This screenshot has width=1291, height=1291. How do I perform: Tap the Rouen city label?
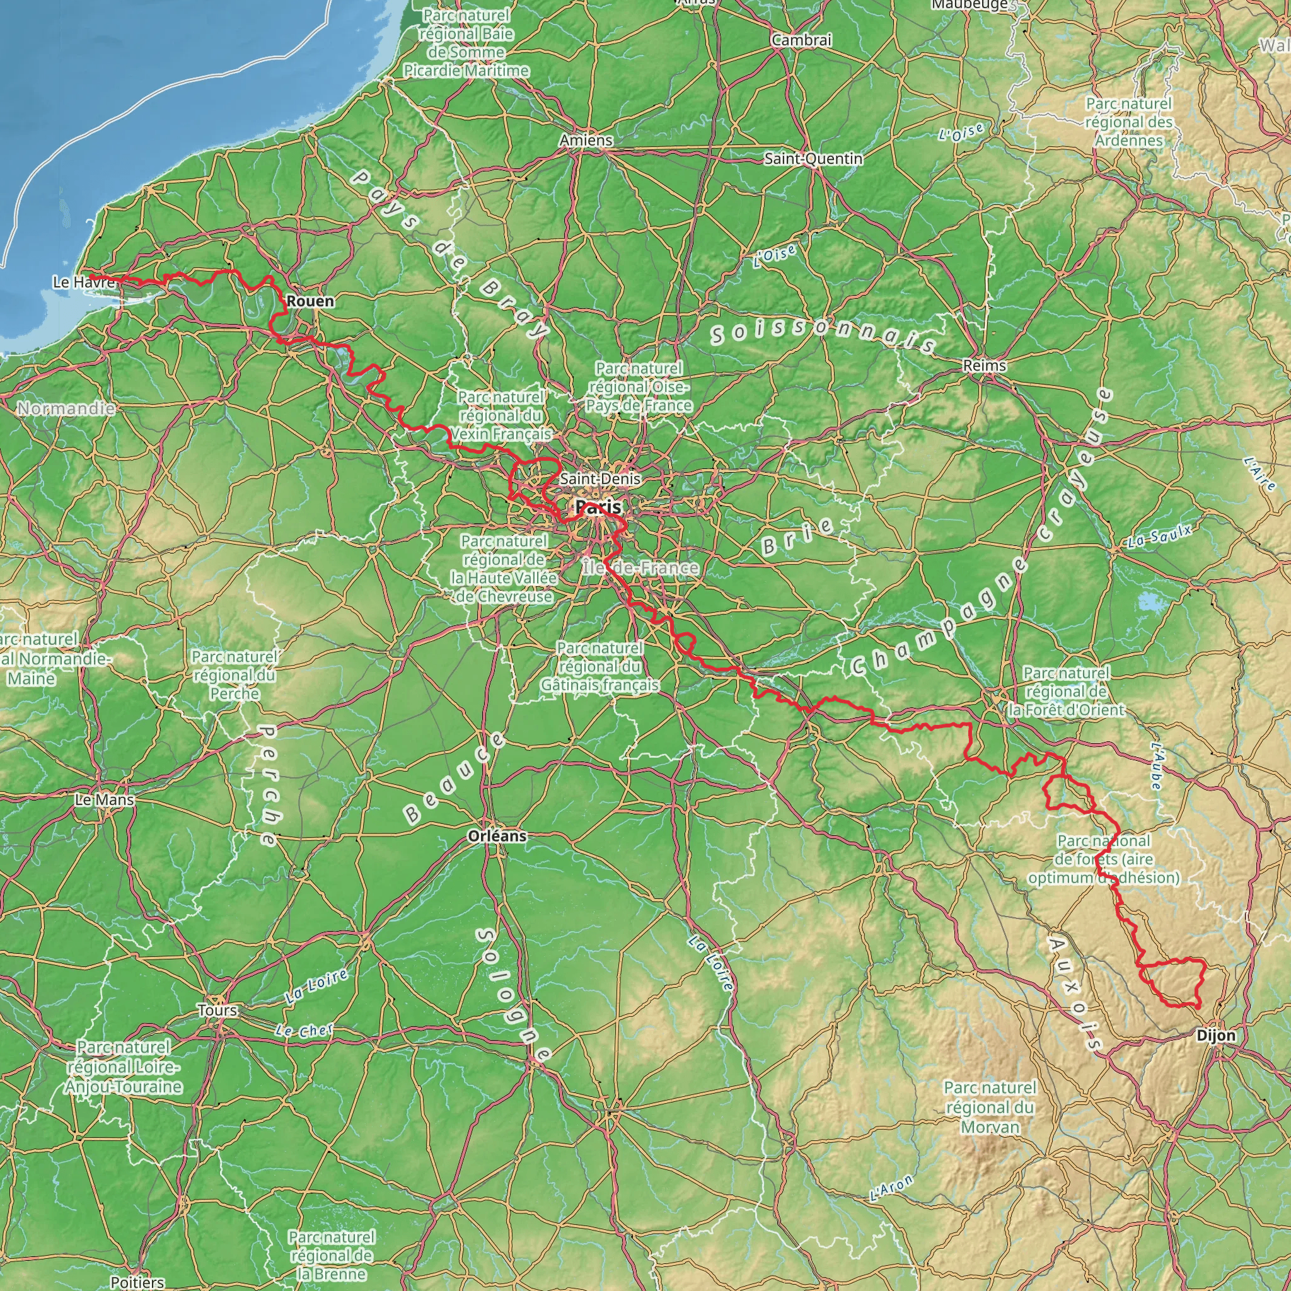(310, 301)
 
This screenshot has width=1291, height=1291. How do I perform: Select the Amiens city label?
(586, 141)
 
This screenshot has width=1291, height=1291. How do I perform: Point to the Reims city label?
(984, 366)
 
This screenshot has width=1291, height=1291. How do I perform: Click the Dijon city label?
(1216, 1036)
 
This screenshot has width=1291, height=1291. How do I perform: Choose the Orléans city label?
(497, 836)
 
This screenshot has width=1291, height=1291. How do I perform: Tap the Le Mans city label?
(104, 800)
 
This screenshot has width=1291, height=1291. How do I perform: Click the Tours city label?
(217, 1010)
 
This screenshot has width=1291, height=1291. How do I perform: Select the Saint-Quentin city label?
(813, 159)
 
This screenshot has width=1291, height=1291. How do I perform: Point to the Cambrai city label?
(801, 40)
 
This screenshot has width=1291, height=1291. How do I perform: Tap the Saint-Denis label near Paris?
(600, 478)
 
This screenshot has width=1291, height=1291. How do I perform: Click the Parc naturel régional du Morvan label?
(990, 1107)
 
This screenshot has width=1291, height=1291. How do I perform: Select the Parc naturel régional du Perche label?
(234, 676)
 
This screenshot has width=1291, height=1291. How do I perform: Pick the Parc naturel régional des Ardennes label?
(1128, 122)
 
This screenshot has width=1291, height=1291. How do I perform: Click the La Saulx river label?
(1159, 536)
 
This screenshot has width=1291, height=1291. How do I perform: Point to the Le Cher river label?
(303, 1031)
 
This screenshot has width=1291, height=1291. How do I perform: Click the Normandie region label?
(66, 408)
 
